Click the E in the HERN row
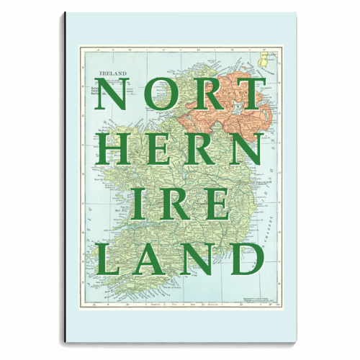click(x=160, y=148)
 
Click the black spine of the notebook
click(x=65, y=180)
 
